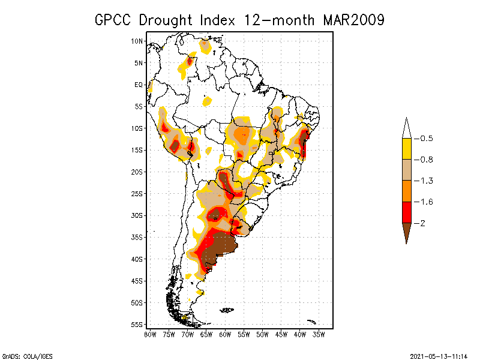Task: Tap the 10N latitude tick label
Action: [x=137, y=41]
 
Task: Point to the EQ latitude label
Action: [x=139, y=85]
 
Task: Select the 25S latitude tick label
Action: [x=137, y=193]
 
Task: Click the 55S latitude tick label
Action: [x=137, y=324]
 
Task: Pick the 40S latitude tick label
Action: [x=137, y=259]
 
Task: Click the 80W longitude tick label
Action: [x=150, y=334]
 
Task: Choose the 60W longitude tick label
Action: [x=225, y=334]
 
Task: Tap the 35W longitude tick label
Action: [x=319, y=334]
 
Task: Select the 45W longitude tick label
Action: [x=281, y=334]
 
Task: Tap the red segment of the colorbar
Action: [x=406, y=212]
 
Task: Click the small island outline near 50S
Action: [x=226, y=310]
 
